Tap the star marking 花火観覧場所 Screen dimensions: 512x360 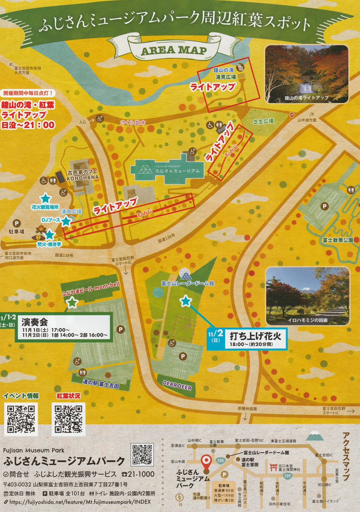pyautogui.click(x=45, y=198)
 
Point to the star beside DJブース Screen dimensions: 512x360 pyautogui.click(x=66, y=221)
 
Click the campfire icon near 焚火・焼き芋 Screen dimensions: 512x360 pyautogui.click(x=41, y=232)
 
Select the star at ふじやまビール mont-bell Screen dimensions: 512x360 pyautogui.click(x=72, y=302)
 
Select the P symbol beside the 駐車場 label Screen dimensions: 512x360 pyautogui.click(x=17, y=223)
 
